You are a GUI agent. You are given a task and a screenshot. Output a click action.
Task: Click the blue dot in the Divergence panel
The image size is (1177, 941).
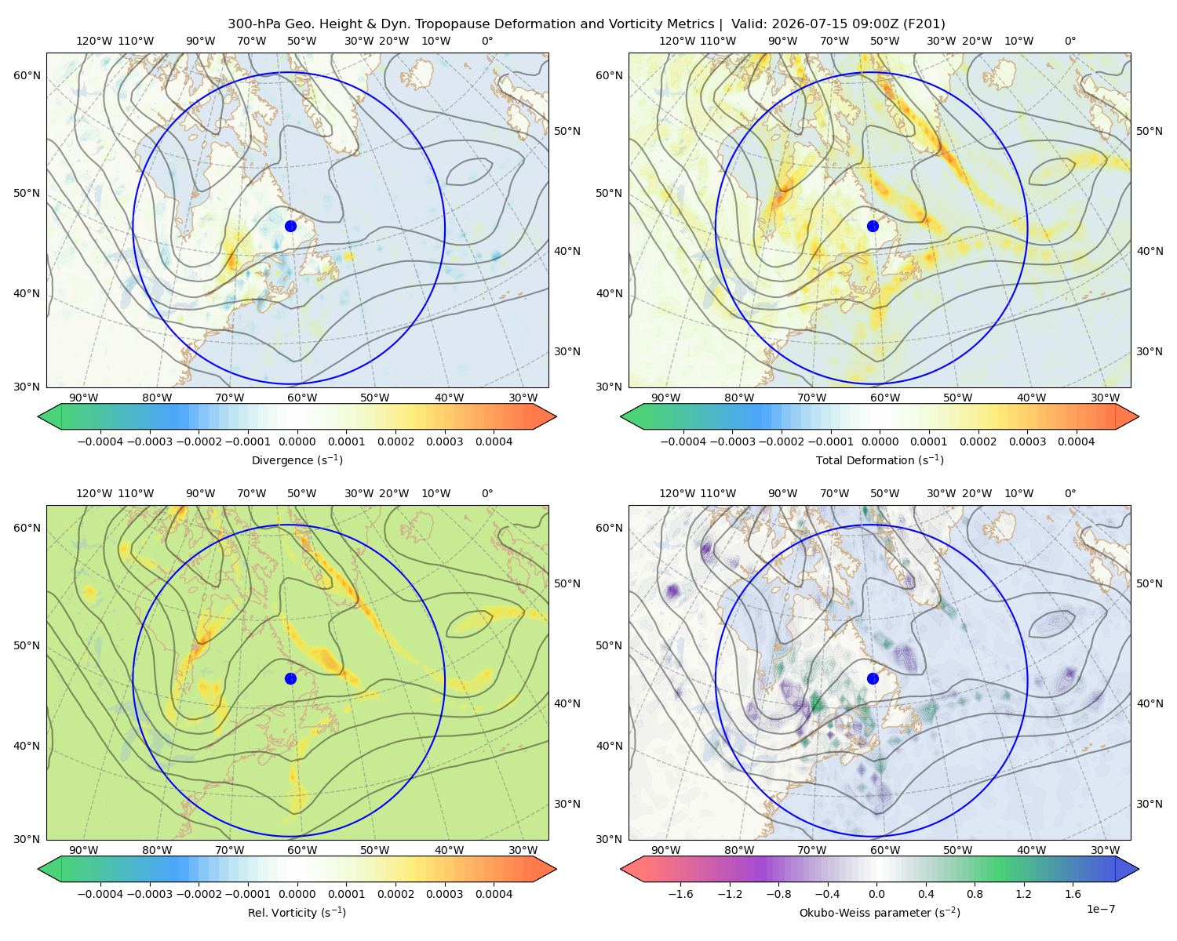[290, 226]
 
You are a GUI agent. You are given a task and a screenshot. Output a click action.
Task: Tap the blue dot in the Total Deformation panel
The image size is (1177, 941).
[873, 226]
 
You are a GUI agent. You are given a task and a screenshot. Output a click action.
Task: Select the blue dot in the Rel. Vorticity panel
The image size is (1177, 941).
[290, 678]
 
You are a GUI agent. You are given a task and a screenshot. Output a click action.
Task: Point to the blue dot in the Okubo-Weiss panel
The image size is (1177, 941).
[873, 678]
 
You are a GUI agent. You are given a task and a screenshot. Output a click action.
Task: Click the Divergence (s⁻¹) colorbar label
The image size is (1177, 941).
[297, 460]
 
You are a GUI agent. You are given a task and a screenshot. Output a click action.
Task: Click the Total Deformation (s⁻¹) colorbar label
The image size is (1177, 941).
[880, 460]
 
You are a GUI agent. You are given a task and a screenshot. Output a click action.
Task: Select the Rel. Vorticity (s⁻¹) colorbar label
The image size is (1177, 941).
[297, 912]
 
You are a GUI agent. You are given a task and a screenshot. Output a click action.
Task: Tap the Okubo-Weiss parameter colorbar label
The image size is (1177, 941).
[880, 912]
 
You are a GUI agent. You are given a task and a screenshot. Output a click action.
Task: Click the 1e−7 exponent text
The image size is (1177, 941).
[1100, 909]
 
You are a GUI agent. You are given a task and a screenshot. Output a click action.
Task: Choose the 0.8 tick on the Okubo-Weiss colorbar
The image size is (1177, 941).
[975, 894]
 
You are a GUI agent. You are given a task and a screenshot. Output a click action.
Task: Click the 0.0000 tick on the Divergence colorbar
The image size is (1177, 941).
[297, 441]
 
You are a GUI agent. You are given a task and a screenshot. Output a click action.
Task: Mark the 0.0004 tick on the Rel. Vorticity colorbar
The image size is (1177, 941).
[494, 894]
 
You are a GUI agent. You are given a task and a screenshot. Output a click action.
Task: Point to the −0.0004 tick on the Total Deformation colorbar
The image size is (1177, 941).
[683, 441]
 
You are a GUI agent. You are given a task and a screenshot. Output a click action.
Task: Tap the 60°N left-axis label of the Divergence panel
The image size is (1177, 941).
[27, 75]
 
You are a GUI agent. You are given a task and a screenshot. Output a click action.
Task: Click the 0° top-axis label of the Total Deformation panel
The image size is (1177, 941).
[1070, 41]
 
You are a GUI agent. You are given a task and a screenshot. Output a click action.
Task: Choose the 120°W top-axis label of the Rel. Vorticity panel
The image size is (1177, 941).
[94, 493]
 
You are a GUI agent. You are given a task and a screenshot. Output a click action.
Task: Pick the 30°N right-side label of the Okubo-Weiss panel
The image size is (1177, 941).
[1150, 804]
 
